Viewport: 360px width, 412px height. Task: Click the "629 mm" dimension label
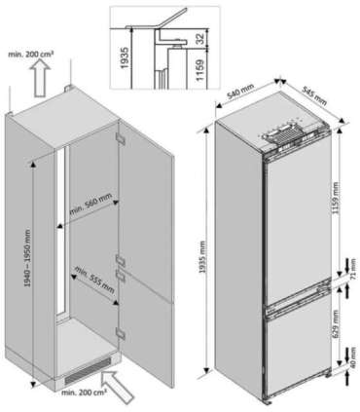(336, 326)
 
